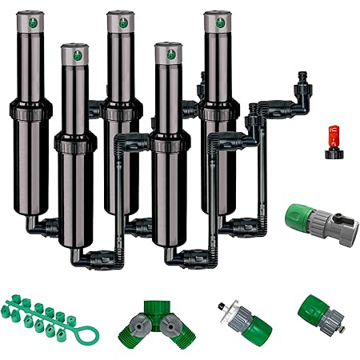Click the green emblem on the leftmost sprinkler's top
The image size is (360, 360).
click(x=33, y=22)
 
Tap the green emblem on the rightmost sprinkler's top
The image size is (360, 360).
click(x=214, y=22)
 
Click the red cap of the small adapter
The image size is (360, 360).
click(x=330, y=131)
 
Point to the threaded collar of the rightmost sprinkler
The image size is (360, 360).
click(x=214, y=112)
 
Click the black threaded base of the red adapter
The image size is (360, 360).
click(x=330, y=149)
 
